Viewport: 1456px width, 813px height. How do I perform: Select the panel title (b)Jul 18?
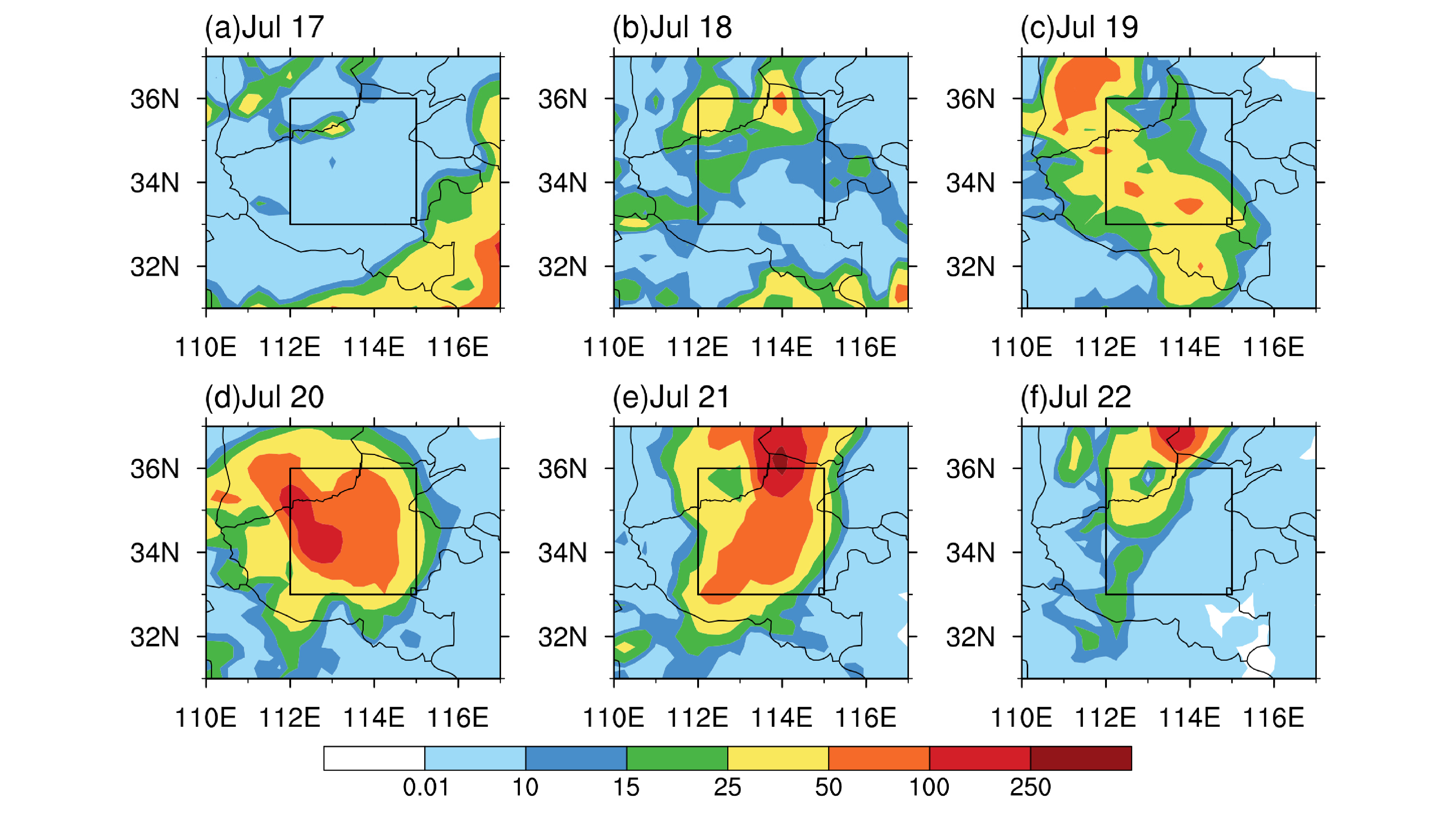tap(672, 27)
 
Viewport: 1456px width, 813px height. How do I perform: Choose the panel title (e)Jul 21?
tap(671, 397)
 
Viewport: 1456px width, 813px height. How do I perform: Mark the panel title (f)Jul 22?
tap(1076, 397)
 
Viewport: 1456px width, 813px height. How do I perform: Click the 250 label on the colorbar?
tap(1030, 787)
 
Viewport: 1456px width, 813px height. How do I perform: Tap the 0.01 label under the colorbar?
tap(426, 787)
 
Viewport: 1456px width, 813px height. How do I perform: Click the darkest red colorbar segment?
tap(1081, 758)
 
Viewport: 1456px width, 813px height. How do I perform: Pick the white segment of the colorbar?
tap(374, 758)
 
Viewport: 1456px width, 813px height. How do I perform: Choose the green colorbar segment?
tap(677, 758)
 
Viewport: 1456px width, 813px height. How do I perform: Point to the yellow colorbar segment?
tap(778, 758)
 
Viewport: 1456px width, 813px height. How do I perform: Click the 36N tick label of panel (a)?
tap(155, 99)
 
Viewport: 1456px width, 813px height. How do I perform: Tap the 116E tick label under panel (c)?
tap(1273, 347)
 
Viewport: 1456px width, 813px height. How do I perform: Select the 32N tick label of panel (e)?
tap(562, 637)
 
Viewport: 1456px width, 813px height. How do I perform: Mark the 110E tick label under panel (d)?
tap(206, 717)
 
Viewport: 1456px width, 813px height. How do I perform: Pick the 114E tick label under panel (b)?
tap(782, 347)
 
